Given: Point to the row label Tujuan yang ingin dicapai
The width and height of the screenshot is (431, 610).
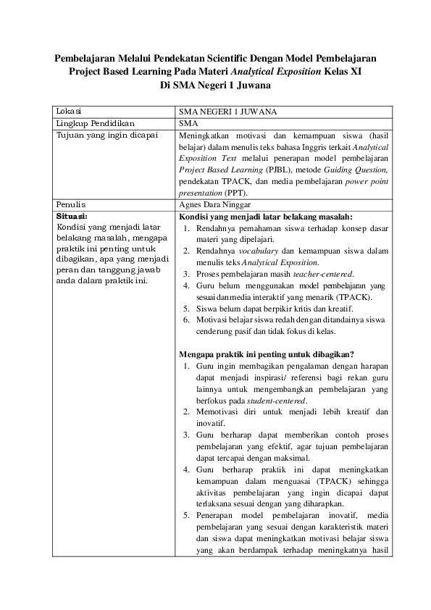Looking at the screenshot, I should point(106,135).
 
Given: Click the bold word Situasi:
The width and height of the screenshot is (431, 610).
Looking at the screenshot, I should point(71,216).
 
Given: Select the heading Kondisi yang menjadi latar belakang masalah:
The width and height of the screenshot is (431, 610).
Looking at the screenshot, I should point(266,216).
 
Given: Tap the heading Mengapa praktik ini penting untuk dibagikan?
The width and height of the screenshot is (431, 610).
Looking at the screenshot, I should point(266,354).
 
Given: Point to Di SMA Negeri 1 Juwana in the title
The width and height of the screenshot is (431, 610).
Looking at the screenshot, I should point(215,85).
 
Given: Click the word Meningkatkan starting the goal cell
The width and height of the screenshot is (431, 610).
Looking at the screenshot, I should point(206,135).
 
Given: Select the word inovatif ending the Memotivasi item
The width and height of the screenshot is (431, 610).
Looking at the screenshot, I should point(212,423).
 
